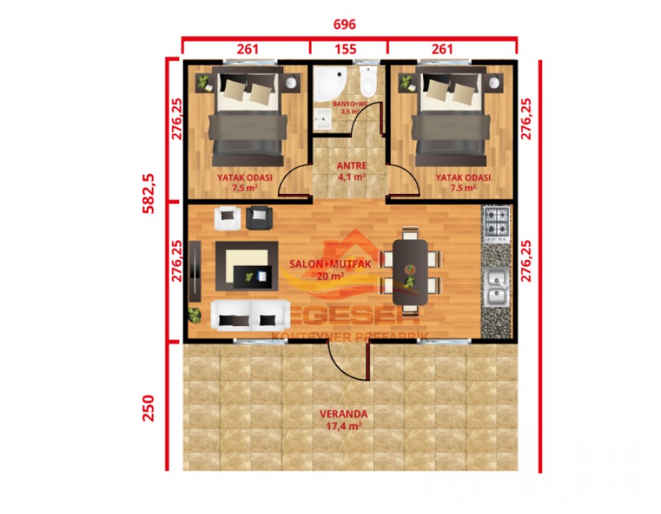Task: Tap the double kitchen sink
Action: point(496,288)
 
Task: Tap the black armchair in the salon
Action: point(259,217)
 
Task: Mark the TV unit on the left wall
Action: point(195,270)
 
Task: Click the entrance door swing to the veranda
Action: point(345,358)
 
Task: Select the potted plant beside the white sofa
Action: point(195,316)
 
